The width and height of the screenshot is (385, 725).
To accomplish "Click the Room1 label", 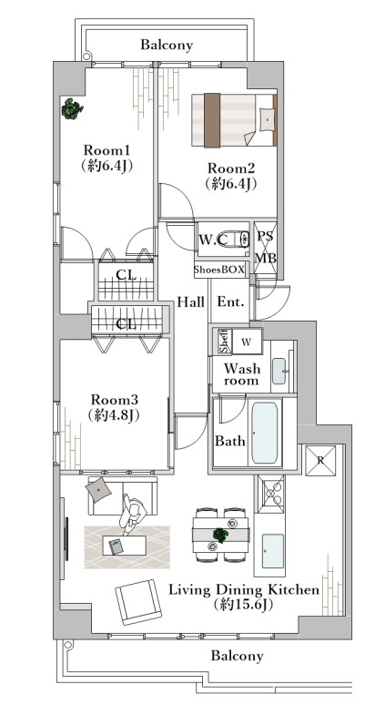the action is pos(106,150).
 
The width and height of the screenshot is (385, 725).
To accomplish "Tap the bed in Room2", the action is pos(234,120).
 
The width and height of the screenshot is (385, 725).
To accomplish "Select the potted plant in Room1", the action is pos(72,108).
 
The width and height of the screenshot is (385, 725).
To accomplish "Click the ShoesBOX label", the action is pos(219,271).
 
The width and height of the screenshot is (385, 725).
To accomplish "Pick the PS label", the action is pos(265,236).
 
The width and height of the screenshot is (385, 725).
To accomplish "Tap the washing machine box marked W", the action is pos(247,342).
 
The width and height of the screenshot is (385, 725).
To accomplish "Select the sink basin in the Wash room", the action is pos(279,371).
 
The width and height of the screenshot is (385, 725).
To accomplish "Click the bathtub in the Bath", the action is pos(265,433).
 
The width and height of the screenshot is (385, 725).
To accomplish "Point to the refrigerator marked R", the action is pos(319,460).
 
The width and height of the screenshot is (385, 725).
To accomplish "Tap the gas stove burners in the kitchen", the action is pos(271,495).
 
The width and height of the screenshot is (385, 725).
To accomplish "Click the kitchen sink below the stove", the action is pos(273,551).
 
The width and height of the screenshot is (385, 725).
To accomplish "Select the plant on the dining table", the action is pos(220,535).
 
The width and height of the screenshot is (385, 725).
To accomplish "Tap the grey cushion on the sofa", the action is pos(98,489).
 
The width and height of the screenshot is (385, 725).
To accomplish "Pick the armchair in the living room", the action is pos(138,601).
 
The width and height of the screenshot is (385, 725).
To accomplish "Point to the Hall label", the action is pos(191,302).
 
